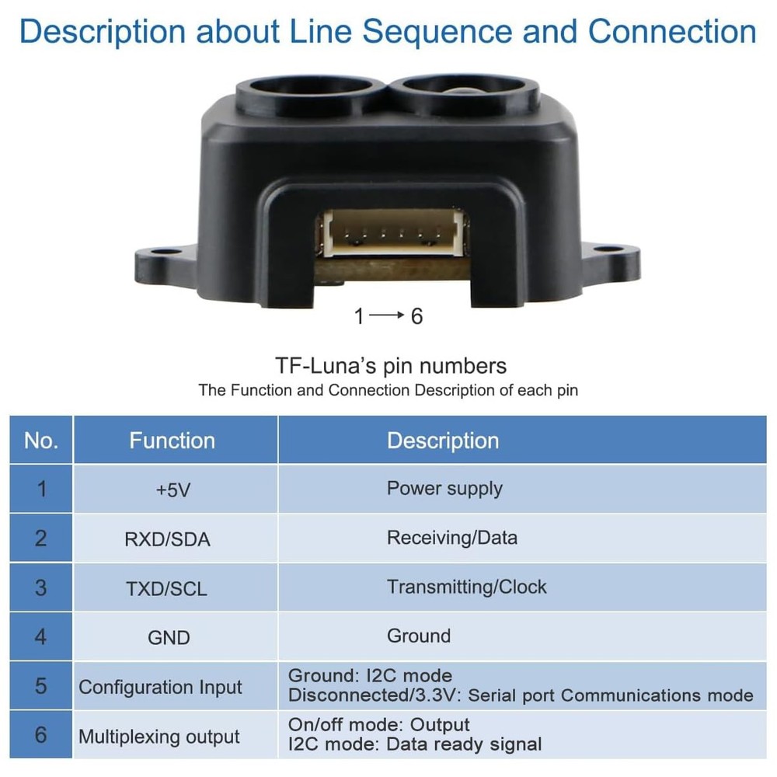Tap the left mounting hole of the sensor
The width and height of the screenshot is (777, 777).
(161, 254)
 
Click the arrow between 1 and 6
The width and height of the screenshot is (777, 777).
(386, 316)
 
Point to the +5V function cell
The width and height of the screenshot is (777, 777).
(172, 490)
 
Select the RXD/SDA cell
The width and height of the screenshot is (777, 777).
(167, 539)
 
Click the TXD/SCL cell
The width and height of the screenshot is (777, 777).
(167, 588)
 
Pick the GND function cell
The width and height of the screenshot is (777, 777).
(169, 638)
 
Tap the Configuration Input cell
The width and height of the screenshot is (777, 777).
(161, 688)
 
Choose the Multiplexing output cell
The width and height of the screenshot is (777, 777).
(159, 737)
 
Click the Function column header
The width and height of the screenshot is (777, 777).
(172, 441)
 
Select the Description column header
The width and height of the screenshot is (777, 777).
(443, 441)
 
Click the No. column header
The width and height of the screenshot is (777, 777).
(41, 441)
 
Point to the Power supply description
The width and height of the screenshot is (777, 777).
(444, 489)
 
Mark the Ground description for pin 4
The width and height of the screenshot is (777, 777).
(419, 636)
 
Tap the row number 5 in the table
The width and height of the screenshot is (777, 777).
(41, 687)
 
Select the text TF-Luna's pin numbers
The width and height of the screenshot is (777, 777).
(391, 366)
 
